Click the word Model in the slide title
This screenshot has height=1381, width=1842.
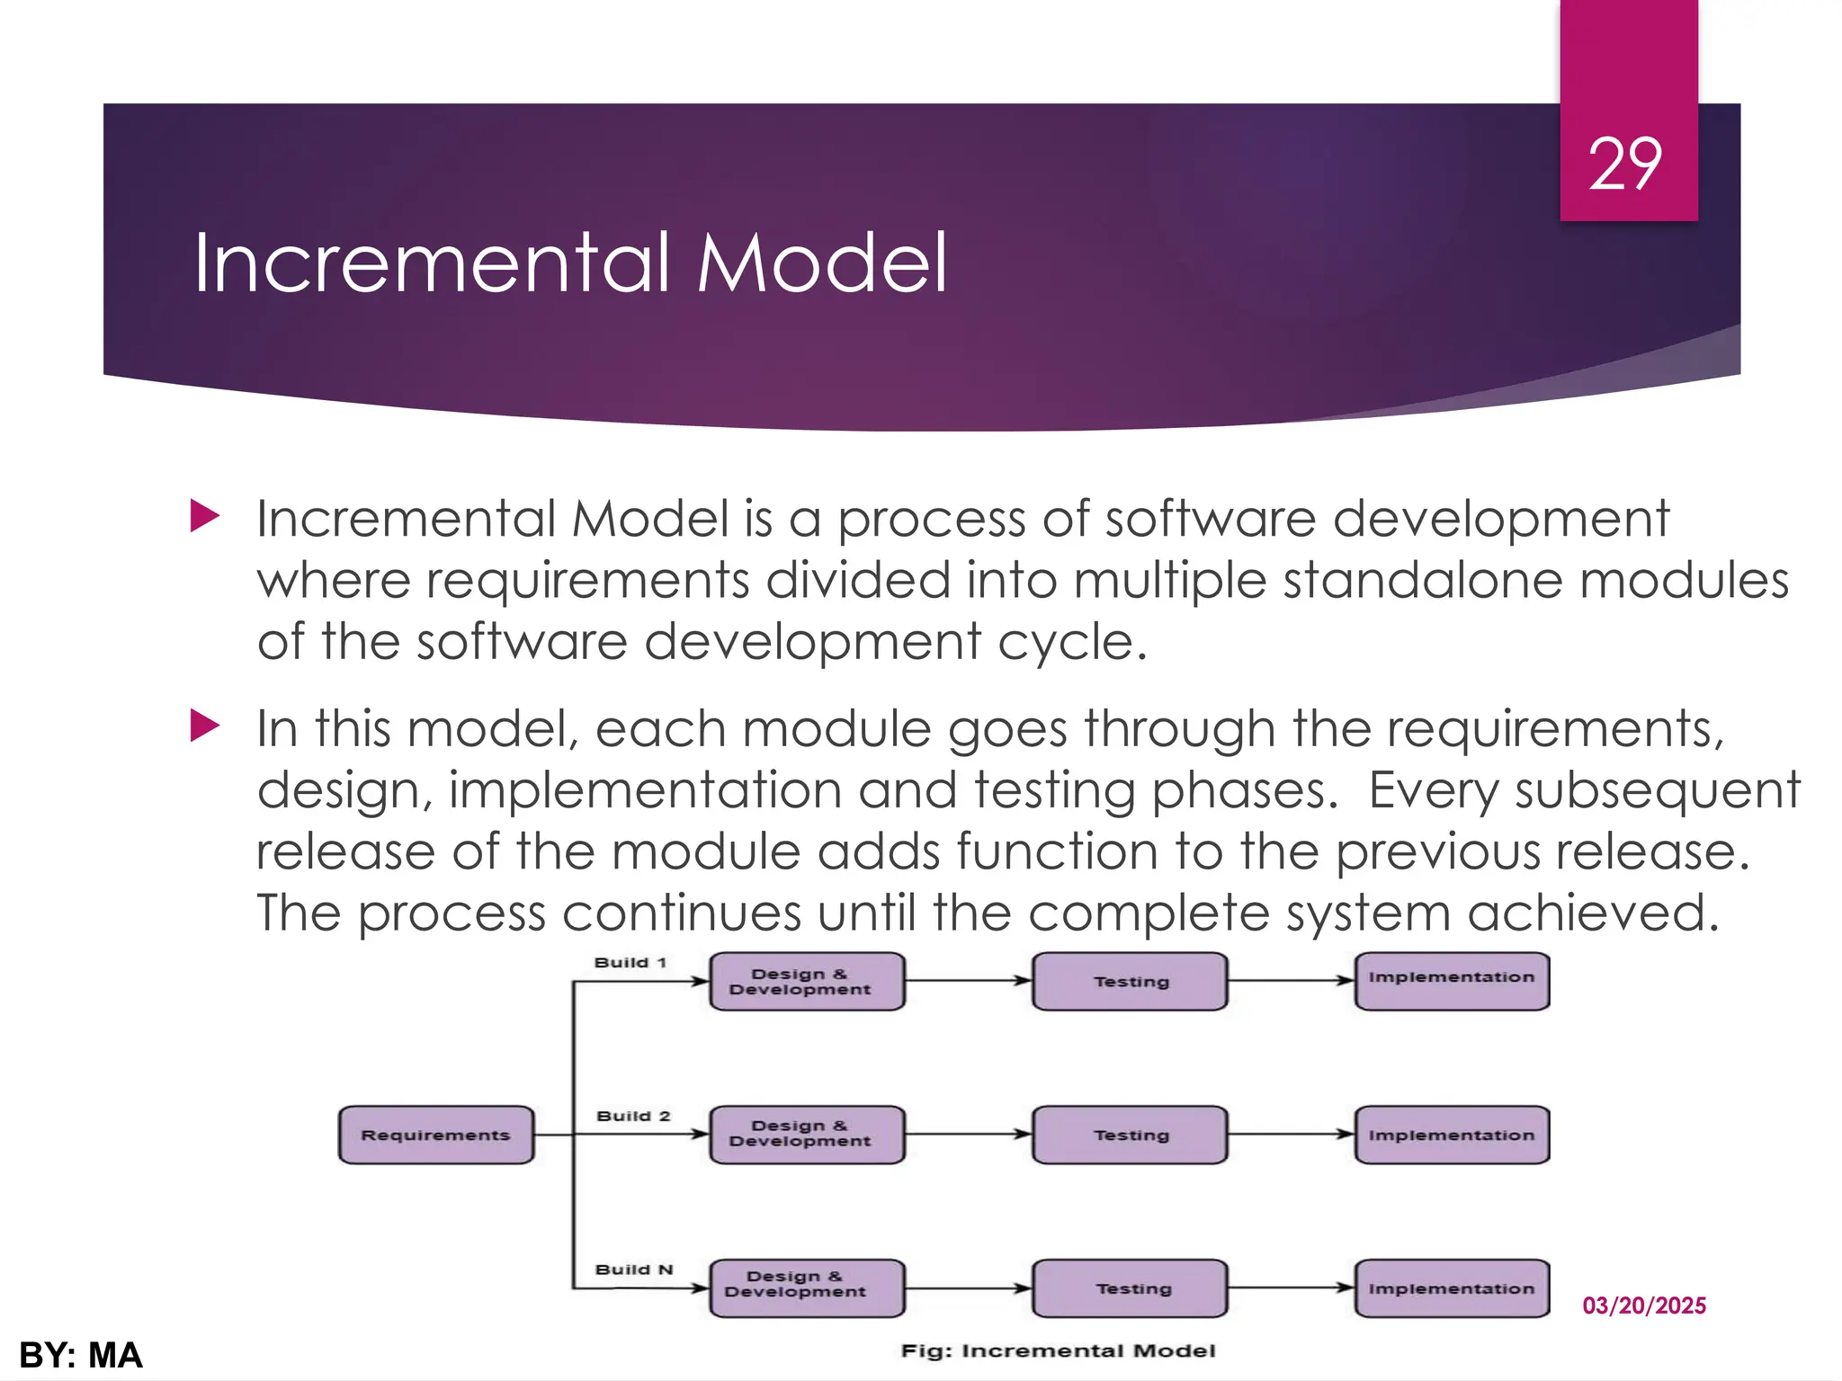tap(822, 263)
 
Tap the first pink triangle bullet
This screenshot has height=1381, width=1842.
tap(205, 516)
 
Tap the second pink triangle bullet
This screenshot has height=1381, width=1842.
tap(205, 726)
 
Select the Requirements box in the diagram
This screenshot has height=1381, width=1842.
tap(435, 1135)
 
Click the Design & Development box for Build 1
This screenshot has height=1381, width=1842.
tap(807, 981)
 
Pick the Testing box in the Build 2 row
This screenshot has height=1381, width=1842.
tap(1130, 1135)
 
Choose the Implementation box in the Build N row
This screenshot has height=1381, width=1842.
tap(1451, 1287)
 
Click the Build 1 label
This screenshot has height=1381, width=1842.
tap(630, 962)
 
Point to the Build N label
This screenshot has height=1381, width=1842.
tap(633, 1270)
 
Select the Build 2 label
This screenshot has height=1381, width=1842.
tap(633, 1116)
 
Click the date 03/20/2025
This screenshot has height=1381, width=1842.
tap(1643, 1305)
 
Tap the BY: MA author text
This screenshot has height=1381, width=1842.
tap(81, 1355)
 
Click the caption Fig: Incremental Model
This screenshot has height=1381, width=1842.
tap(1058, 1350)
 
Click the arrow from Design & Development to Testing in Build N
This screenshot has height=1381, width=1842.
tap(968, 1287)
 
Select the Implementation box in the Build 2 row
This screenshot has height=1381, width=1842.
tap(1451, 1135)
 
